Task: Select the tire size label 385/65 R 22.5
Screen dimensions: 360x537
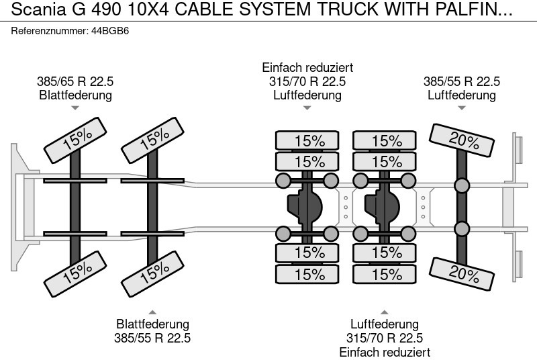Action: point(75,81)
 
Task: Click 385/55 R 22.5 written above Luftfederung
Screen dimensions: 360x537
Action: point(461,81)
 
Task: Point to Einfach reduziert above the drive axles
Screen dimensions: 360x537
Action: point(307,68)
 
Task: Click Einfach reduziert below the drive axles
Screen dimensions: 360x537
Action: point(385,352)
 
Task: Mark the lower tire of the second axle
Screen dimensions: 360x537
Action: point(154,272)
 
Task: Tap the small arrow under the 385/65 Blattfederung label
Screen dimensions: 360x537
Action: point(75,108)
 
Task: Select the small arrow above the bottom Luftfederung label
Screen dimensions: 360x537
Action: point(385,311)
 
